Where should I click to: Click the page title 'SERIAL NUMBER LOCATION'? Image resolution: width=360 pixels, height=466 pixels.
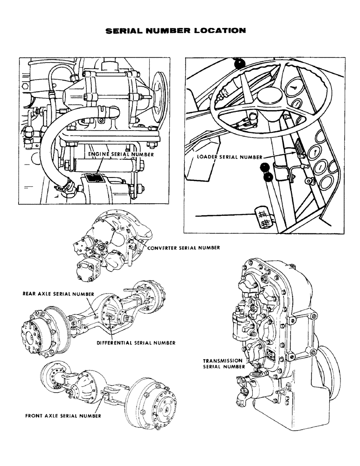[x=176, y=31]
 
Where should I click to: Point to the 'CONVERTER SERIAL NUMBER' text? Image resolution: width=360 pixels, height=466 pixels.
[x=183, y=247]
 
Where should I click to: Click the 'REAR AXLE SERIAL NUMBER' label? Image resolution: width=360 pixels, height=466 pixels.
[x=59, y=294]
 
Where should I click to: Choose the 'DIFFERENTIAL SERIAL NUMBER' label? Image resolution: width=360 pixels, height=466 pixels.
[x=136, y=343]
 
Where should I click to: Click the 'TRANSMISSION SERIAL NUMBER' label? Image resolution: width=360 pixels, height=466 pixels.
[x=223, y=363]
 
